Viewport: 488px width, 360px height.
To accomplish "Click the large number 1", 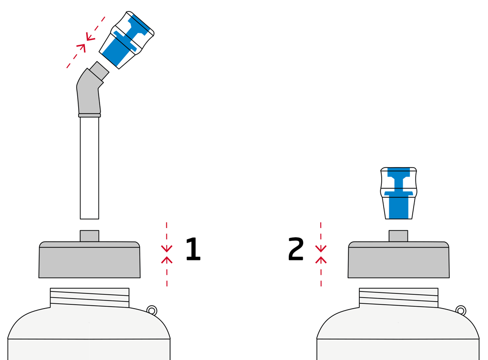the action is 193,249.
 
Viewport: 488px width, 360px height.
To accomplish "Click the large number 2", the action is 295,249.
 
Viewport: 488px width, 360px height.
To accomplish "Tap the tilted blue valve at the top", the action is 126,40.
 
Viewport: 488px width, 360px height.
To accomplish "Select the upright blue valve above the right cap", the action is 399,193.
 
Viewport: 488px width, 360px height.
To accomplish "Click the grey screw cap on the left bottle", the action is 90,260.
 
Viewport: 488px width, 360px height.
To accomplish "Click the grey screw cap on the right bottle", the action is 399,260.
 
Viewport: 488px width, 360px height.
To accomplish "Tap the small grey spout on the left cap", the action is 89,236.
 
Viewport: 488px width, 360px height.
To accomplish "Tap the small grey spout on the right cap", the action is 398,236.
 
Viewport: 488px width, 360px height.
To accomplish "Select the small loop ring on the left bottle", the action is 152,310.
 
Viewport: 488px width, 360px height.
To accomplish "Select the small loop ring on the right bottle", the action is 461,310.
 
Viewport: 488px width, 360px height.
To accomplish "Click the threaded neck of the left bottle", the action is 90,298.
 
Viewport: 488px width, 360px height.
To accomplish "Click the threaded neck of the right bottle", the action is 399,298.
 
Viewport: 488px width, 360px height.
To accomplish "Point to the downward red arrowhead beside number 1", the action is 167,249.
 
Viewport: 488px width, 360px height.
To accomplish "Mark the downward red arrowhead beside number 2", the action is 321,249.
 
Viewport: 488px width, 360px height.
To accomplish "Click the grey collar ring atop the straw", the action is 89,115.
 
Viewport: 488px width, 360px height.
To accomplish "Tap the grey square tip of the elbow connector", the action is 99,71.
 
